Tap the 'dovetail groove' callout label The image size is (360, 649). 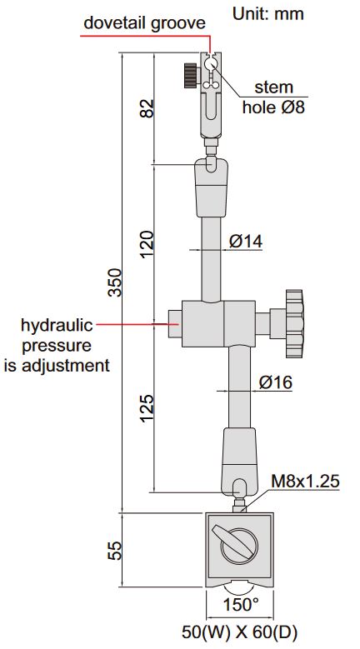(x=143, y=23)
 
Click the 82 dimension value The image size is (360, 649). (x=147, y=107)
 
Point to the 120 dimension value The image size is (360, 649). (x=147, y=244)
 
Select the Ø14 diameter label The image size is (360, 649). (x=245, y=241)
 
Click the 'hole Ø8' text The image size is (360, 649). (x=272, y=107)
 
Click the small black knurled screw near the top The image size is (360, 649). (x=191, y=77)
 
